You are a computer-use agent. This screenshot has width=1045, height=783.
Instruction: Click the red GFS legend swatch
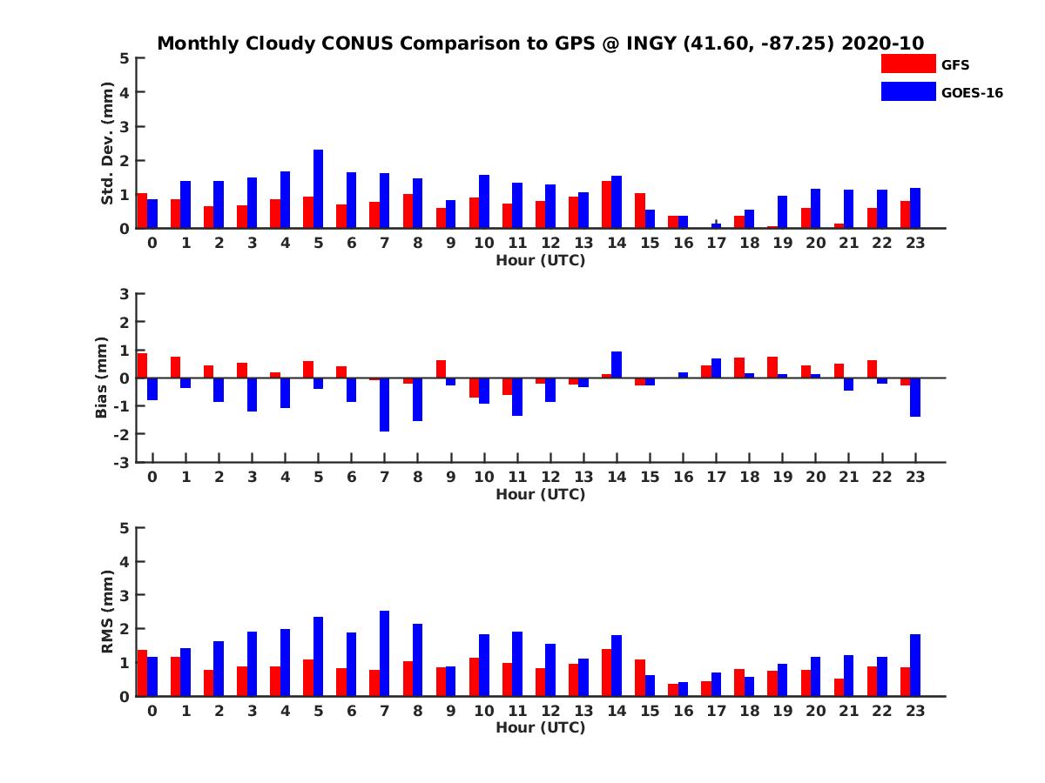[x=908, y=64]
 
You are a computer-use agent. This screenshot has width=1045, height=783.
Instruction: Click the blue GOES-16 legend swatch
[x=908, y=91]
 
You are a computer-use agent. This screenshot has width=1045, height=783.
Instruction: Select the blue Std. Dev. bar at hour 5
[x=318, y=189]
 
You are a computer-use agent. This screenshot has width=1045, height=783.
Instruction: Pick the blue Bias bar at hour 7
[x=384, y=405]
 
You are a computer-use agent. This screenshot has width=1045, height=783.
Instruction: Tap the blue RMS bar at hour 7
[x=384, y=653]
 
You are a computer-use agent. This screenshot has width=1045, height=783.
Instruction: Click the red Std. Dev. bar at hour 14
[x=606, y=204]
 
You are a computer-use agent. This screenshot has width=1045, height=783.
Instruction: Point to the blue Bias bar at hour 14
[x=617, y=365]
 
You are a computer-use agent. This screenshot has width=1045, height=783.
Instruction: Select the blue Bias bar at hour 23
[x=915, y=397]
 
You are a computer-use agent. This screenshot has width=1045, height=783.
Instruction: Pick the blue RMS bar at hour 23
[x=915, y=666]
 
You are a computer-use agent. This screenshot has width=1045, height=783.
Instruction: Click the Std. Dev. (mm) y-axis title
[x=107, y=144]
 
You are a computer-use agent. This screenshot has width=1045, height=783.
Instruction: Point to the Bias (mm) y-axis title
[x=101, y=378]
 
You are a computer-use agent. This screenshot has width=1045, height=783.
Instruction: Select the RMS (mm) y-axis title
[x=107, y=612]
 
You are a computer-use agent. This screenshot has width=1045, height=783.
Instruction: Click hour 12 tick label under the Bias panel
[x=550, y=477]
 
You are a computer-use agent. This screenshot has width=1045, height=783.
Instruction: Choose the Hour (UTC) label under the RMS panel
[x=540, y=727]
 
